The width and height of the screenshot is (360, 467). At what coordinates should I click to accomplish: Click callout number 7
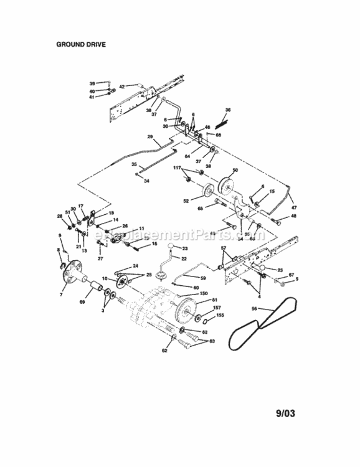[x=61, y=293]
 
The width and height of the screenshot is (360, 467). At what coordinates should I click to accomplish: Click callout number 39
[x=92, y=83]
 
